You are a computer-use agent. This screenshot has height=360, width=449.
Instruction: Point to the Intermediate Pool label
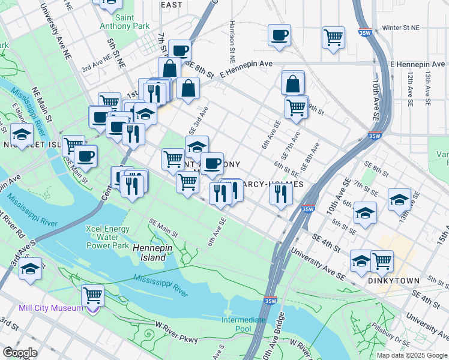click(244, 324)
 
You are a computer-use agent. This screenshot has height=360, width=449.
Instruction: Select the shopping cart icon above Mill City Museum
click(92, 295)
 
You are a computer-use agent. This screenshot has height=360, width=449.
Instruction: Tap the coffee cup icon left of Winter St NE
click(279, 35)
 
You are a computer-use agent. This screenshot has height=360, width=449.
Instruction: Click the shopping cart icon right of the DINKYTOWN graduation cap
click(382, 261)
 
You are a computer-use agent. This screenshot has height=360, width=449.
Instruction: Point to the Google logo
click(20, 353)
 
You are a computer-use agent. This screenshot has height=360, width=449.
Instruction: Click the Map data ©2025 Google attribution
click(412, 355)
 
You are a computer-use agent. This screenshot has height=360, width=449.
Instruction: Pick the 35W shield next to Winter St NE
click(363, 34)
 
